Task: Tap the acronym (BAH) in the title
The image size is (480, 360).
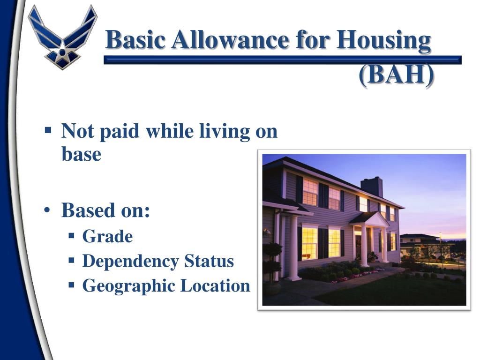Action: click(x=397, y=75)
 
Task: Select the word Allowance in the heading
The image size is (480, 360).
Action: click(x=230, y=40)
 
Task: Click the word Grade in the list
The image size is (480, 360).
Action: click(x=107, y=237)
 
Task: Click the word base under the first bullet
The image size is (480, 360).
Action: click(x=81, y=155)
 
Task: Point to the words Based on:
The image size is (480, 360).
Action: click(x=105, y=211)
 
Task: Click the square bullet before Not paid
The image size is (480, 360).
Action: click(x=48, y=129)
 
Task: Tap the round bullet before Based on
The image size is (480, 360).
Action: click(x=48, y=211)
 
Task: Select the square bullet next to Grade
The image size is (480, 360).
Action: click(x=72, y=236)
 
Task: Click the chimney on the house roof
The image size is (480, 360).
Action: click(x=372, y=186)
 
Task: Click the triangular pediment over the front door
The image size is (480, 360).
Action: click(x=370, y=218)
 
